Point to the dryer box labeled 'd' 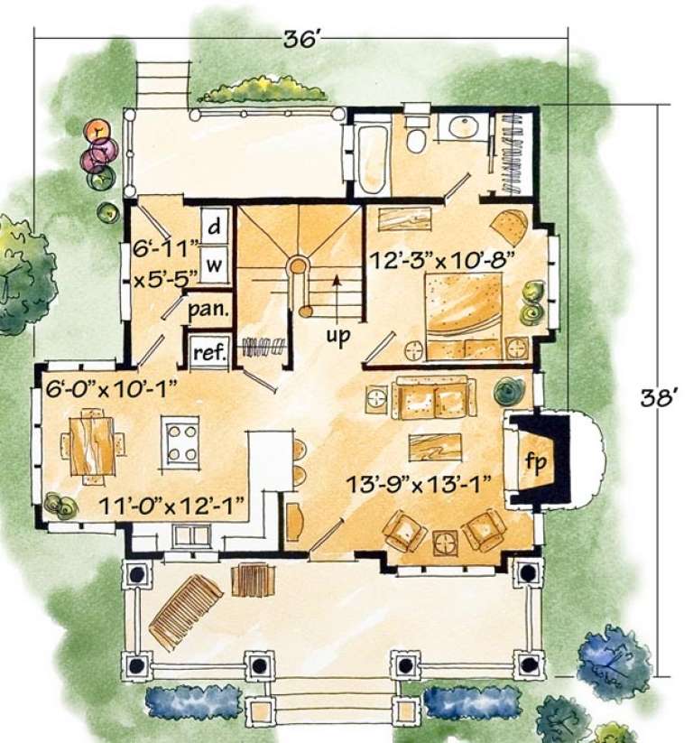(215, 228)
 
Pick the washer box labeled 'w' (215, 265)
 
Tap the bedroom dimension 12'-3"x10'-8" (442, 258)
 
